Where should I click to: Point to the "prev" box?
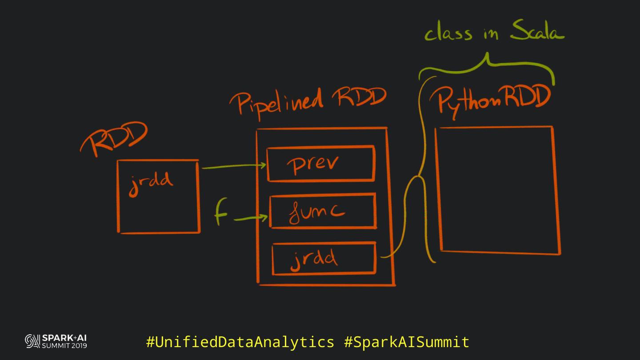point(320,164)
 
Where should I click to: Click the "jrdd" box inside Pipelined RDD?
point(324,258)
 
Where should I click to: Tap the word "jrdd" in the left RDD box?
point(151,183)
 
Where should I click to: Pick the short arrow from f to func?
point(251,218)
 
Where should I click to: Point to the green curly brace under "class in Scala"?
point(487,67)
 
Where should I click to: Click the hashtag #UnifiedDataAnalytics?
point(240,342)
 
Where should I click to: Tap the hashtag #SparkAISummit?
point(407,342)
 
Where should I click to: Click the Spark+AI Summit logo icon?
point(32,341)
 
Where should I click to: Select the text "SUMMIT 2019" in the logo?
point(64,345)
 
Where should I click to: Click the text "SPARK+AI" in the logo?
point(64,338)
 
